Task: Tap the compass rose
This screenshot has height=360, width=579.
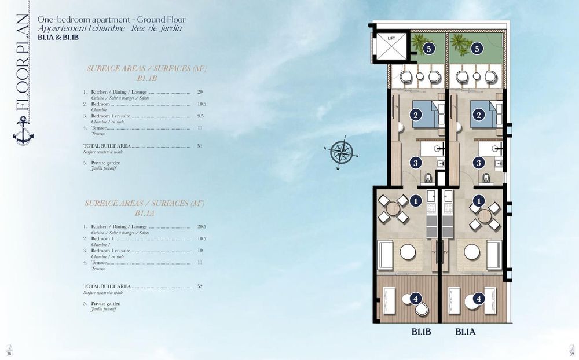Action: (x=342, y=152)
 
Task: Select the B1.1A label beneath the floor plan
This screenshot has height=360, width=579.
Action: (x=466, y=332)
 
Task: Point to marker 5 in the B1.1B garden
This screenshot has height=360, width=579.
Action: (x=428, y=48)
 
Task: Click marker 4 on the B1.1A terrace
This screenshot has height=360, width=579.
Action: (x=478, y=299)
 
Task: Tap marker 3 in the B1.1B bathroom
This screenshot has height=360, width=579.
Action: (x=415, y=163)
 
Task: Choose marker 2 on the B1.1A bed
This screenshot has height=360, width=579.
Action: (x=478, y=115)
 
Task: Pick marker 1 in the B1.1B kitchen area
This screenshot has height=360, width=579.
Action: (x=415, y=201)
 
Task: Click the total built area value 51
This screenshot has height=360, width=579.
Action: (x=200, y=146)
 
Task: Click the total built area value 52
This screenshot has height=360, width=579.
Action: (x=200, y=286)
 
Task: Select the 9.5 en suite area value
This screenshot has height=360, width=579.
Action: (x=200, y=116)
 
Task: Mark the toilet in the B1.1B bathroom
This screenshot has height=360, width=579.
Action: (x=428, y=178)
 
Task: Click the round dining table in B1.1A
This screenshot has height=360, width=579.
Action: (x=484, y=215)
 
